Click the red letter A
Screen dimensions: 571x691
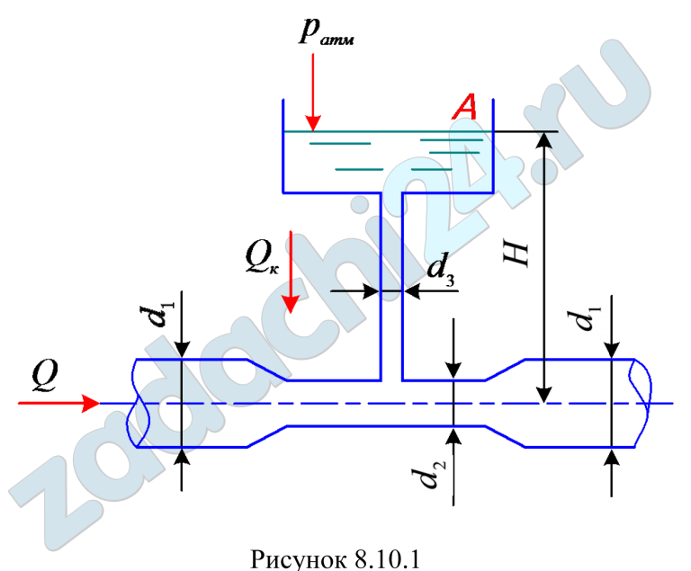click(465, 107)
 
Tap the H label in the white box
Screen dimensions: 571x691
click(516, 253)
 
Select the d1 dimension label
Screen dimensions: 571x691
click(583, 317)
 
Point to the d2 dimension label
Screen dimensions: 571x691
click(427, 475)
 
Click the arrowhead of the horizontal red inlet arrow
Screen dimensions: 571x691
click(91, 404)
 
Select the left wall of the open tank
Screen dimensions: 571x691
click(283, 148)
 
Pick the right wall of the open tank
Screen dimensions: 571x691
click(493, 148)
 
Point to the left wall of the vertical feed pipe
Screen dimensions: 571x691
click(381, 288)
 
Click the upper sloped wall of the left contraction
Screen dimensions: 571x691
click(268, 369)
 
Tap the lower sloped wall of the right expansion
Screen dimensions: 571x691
click(506, 436)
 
